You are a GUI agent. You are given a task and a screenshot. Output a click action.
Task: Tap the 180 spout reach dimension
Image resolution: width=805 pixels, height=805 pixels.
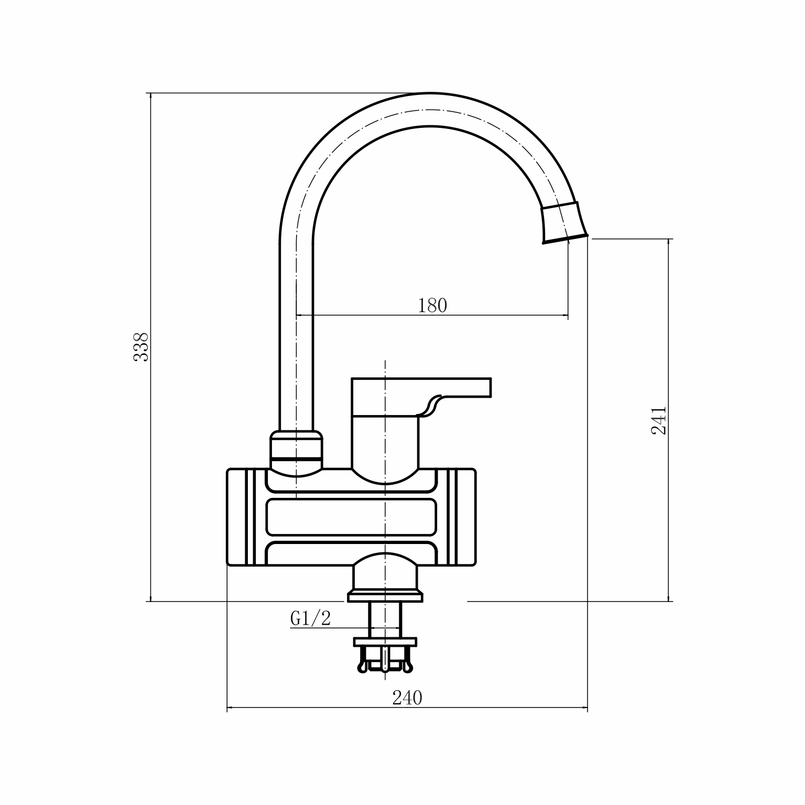[x=432, y=306]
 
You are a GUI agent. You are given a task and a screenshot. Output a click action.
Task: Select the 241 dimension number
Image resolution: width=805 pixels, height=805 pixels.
[x=658, y=420]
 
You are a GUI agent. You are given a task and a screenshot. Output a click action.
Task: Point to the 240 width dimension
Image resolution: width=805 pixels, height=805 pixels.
[x=407, y=698]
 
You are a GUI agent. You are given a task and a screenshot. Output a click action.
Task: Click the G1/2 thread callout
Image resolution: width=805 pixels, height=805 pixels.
[x=311, y=618]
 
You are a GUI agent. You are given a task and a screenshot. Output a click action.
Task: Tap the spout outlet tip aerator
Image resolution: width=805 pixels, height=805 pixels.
[x=564, y=223]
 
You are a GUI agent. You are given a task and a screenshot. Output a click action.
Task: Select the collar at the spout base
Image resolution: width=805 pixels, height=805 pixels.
[x=296, y=450]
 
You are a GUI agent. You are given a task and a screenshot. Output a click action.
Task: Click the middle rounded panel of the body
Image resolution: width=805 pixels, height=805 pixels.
[x=351, y=517]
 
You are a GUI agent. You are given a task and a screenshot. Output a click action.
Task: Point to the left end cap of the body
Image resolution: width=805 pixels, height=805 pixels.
[x=246, y=517]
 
